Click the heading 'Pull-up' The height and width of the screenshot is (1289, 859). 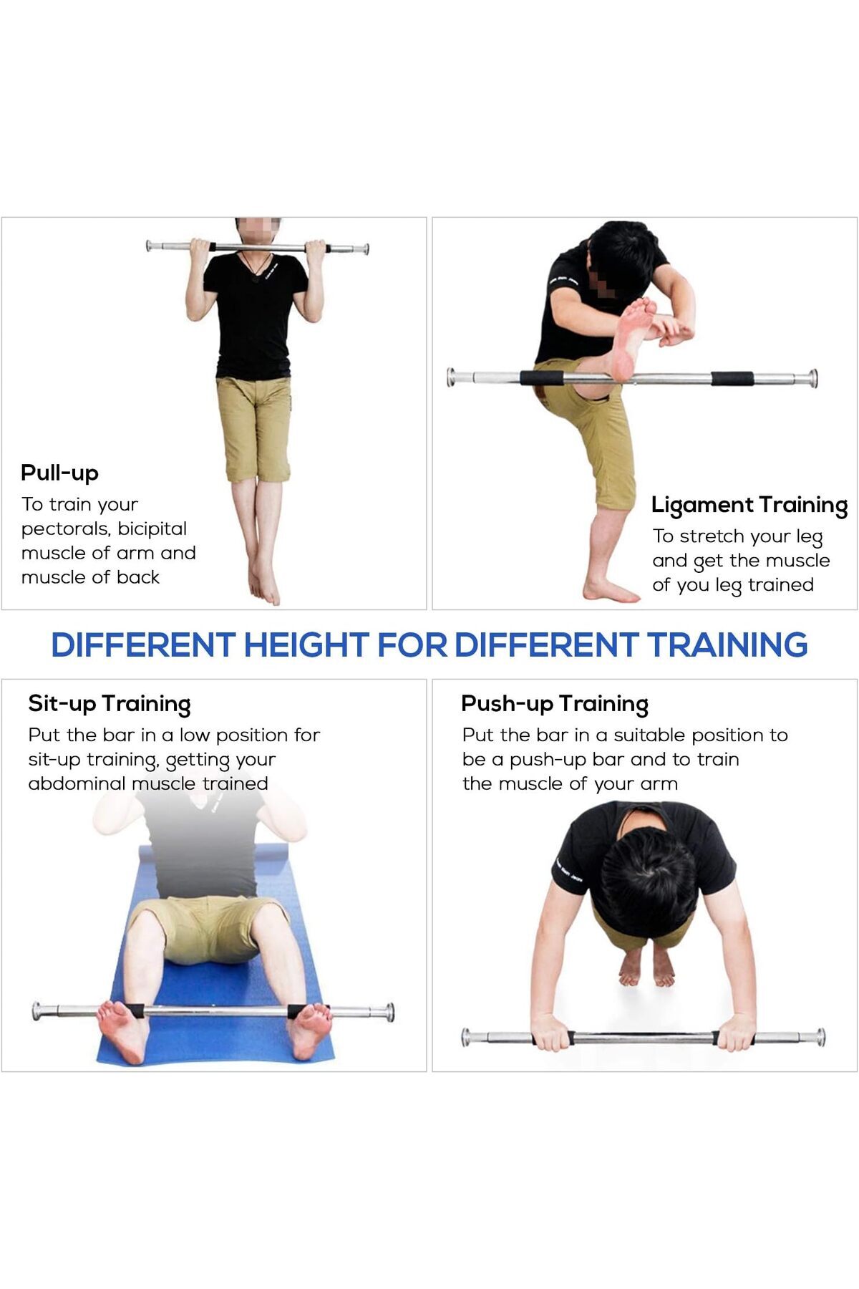point(59,473)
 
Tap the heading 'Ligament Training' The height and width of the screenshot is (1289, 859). point(749,506)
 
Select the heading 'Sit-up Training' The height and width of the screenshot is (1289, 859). point(110,704)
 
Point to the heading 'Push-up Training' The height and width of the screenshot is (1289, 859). point(555,704)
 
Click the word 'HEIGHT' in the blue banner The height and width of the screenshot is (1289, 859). point(306,644)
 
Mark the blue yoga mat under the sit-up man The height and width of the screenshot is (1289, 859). point(215,960)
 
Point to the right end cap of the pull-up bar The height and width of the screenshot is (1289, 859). point(365,249)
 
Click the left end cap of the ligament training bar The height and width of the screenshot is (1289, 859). point(452,377)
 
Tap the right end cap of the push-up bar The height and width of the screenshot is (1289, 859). point(820,1037)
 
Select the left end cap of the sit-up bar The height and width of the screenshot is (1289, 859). point(38,1011)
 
